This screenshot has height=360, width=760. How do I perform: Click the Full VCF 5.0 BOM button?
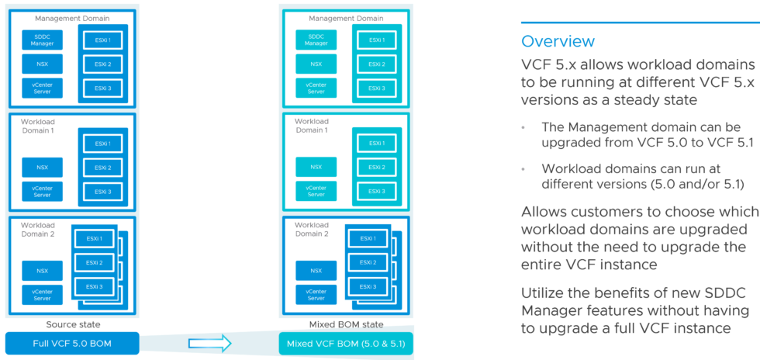(x=72, y=342)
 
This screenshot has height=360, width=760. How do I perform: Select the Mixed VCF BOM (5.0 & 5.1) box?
(x=345, y=343)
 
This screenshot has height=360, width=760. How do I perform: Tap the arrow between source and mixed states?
(x=209, y=343)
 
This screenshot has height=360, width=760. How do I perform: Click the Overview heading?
(x=558, y=41)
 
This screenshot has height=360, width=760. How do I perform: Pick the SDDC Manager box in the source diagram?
(x=43, y=40)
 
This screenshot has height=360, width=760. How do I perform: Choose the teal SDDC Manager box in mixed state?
(x=316, y=40)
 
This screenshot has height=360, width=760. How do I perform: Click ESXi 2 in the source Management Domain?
(x=103, y=64)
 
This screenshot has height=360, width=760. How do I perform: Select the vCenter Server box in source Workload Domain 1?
(x=43, y=191)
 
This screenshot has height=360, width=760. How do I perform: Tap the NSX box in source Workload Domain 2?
(x=43, y=270)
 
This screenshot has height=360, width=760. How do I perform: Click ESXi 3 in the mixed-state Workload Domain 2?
(x=368, y=287)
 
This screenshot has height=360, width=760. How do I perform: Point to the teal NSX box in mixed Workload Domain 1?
(x=316, y=167)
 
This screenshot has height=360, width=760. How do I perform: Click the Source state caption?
(x=73, y=324)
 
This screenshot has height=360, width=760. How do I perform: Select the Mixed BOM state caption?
(x=346, y=324)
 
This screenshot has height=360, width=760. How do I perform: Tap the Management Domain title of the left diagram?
(x=71, y=18)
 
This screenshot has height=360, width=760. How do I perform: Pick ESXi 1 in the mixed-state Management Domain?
(x=376, y=40)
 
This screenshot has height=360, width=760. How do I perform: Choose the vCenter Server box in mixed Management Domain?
(x=316, y=88)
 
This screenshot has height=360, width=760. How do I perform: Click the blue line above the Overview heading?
(x=640, y=22)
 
